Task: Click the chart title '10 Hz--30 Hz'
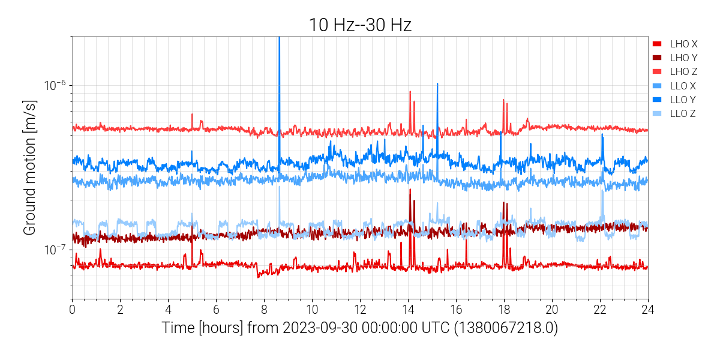[x=359, y=25]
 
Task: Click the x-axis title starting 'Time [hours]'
[x=359, y=328]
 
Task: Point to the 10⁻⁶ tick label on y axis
[x=55, y=85]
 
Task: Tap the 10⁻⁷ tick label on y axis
[x=55, y=249]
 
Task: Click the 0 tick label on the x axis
[x=72, y=310]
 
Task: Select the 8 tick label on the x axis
[x=264, y=310]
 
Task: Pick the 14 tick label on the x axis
[x=408, y=310]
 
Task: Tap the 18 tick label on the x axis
[x=504, y=310]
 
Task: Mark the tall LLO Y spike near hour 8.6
[x=279, y=60]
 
